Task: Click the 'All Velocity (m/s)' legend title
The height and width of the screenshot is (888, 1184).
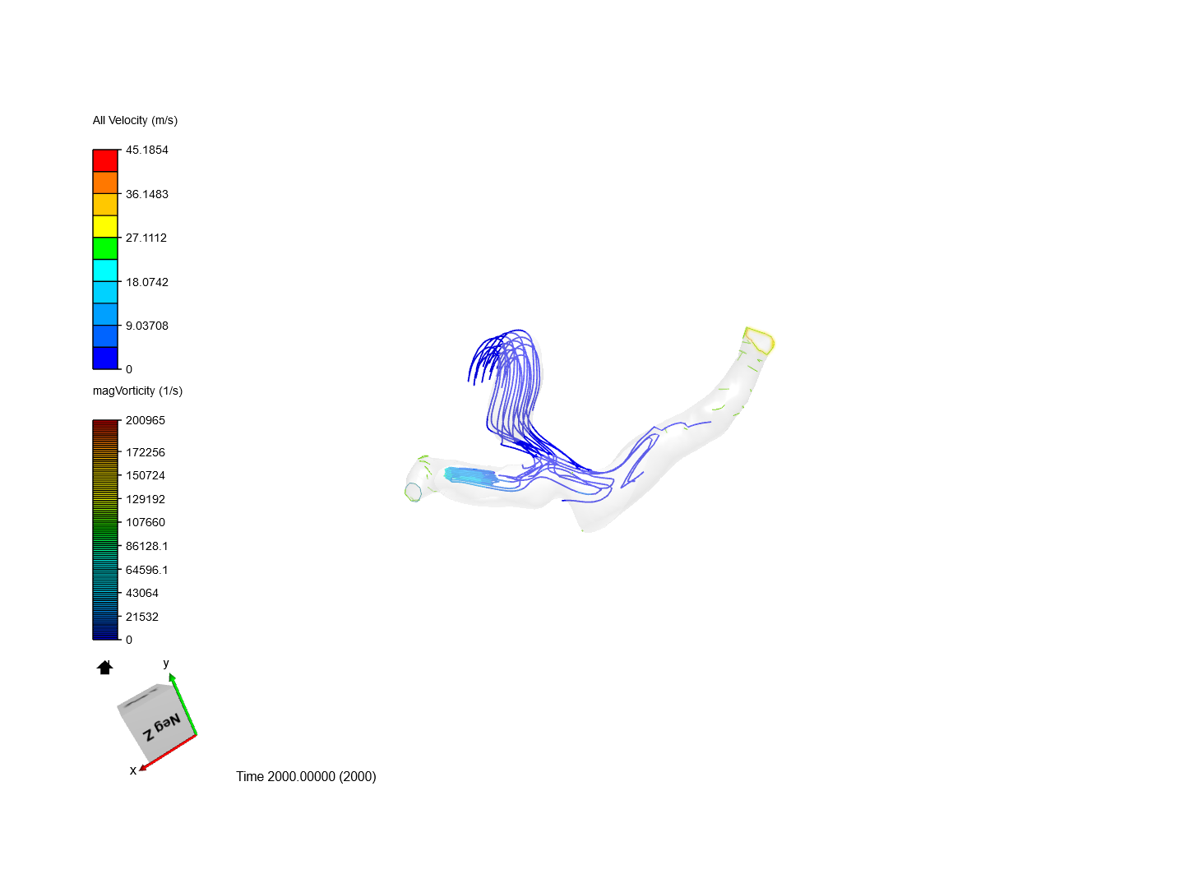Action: click(135, 120)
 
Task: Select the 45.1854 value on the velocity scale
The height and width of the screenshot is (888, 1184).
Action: click(146, 150)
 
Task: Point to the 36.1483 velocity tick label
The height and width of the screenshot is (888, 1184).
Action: click(146, 194)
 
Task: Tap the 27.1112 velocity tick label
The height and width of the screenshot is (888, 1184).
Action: click(146, 238)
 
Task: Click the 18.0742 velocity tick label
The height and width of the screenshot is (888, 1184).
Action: click(146, 282)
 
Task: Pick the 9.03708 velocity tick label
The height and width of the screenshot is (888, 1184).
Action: click(146, 326)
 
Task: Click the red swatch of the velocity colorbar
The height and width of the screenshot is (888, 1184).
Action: click(105, 160)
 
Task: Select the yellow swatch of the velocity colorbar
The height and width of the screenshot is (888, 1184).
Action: click(105, 226)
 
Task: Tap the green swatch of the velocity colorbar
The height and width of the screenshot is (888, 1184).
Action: click(105, 248)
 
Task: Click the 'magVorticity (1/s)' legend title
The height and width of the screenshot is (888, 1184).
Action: click(137, 391)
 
